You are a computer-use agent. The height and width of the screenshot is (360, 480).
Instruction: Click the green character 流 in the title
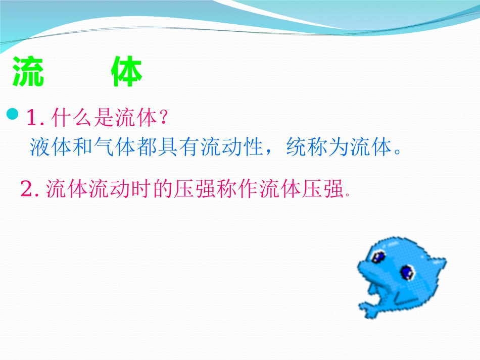(28, 74)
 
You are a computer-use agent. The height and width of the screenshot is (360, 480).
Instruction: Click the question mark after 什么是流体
(163, 119)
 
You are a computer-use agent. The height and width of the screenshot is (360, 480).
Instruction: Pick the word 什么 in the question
(72, 119)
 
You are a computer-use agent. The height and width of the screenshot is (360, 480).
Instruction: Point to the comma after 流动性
(272, 151)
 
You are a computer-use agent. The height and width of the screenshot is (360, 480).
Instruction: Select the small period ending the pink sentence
(348, 194)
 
